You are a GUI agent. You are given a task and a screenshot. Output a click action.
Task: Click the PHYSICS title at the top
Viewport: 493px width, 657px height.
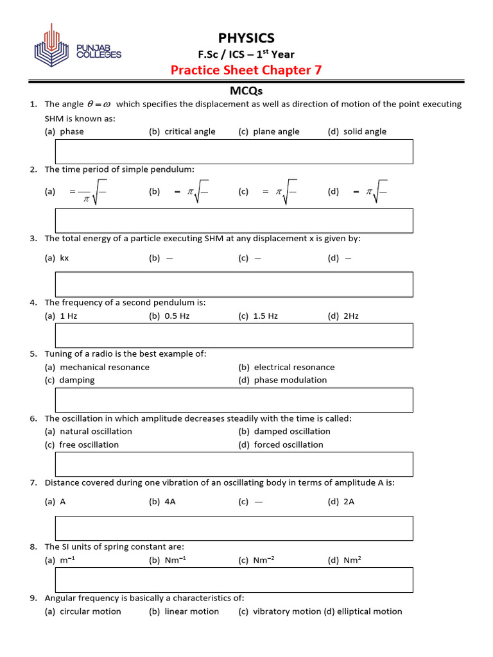pyautogui.click(x=246, y=38)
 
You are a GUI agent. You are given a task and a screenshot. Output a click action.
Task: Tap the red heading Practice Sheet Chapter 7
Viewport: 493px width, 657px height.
pyautogui.click(x=246, y=70)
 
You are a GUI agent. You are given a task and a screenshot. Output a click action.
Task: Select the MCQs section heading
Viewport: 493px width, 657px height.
pyautogui.click(x=246, y=91)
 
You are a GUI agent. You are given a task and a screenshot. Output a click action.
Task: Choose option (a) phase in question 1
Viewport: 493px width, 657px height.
pyautogui.click(x=71, y=132)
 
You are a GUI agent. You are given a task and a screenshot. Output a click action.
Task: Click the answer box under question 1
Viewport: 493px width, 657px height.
pyautogui.click(x=234, y=151)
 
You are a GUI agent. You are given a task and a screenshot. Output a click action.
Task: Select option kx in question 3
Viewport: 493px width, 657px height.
pyautogui.click(x=64, y=258)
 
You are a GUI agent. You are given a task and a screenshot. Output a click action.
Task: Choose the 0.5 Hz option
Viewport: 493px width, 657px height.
pyautogui.click(x=177, y=316)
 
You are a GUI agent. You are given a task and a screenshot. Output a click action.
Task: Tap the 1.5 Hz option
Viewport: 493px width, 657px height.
pyautogui.click(x=265, y=316)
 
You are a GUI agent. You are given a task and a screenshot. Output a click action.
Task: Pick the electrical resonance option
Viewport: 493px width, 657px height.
pyautogui.click(x=294, y=367)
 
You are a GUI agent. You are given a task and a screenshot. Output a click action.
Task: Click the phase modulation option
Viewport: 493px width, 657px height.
pyautogui.click(x=290, y=380)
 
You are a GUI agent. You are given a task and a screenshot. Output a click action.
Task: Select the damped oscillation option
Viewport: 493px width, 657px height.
pyautogui.click(x=292, y=431)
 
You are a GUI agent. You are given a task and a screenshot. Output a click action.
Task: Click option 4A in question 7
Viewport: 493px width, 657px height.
pyautogui.click(x=170, y=502)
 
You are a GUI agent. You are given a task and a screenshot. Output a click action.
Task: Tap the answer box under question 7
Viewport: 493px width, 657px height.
pyautogui.click(x=234, y=528)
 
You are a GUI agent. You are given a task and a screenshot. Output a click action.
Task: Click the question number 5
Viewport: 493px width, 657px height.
pyautogui.click(x=33, y=354)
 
